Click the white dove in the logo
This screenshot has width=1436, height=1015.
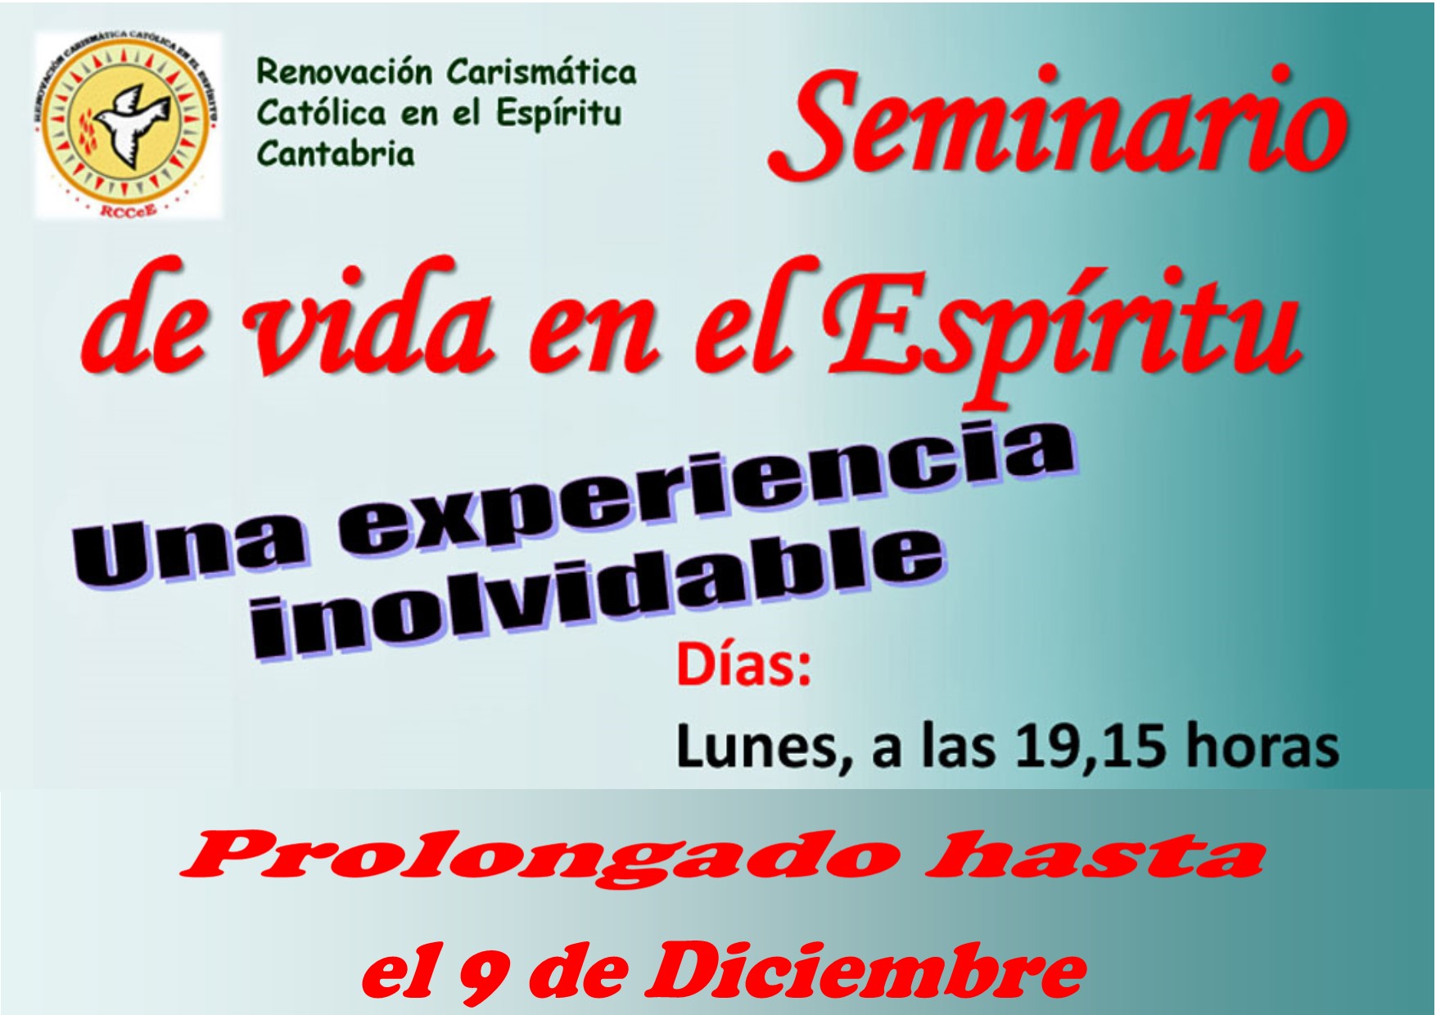click(x=131, y=122)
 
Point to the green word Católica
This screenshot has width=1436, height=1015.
click(x=321, y=113)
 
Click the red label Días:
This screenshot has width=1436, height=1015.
click(x=743, y=666)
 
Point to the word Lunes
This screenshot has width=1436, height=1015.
click(x=765, y=748)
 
